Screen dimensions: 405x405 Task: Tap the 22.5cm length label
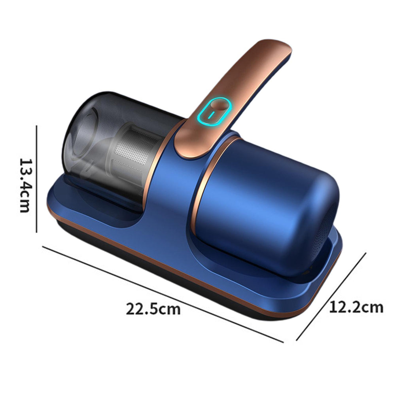(x=153, y=309)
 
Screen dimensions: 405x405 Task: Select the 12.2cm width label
(x=356, y=307)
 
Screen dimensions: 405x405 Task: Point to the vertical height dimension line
(x=37, y=179)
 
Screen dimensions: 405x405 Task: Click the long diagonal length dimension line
(x=163, y=294)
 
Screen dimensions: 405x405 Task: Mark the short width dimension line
(x=331, y=297)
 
